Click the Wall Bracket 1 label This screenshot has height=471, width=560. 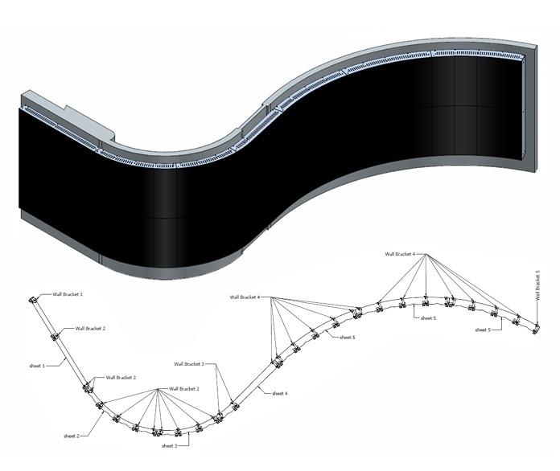pos(68,294)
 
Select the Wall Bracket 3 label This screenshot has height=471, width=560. pos(189,364)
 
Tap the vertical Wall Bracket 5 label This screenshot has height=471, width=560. pos(538,285)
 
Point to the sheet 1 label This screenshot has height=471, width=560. pos(37,366)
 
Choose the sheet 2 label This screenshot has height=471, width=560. pos(72,436)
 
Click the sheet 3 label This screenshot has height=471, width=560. pos(169,445)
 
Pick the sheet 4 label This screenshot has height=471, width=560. pos(280,394)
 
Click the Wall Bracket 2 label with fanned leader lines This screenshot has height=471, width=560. pos(184,388)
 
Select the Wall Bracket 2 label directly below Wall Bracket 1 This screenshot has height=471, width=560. pos(90,328)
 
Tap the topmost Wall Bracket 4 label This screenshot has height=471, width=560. pos(400,254)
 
